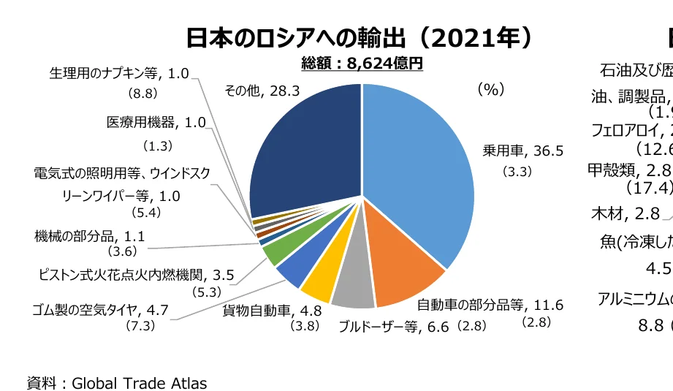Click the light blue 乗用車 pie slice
[417, 161]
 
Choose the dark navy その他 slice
[307, 153]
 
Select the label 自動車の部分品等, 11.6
[490, 305]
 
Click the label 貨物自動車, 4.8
[267, 310]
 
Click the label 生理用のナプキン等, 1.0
[119, 74]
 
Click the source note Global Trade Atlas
[117, 382]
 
